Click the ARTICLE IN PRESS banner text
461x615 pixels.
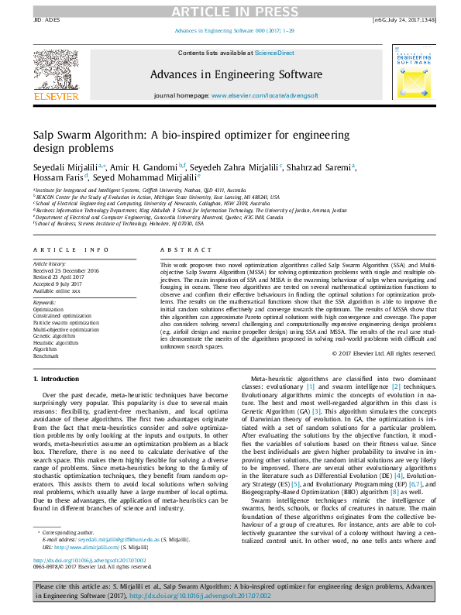pyautogui.click(x=230, y=11)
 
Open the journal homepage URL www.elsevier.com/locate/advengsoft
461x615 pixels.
pyautogui.click(x=262, y=94)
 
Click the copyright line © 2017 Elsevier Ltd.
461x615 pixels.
pyautogui.click(x=380, y=353)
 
